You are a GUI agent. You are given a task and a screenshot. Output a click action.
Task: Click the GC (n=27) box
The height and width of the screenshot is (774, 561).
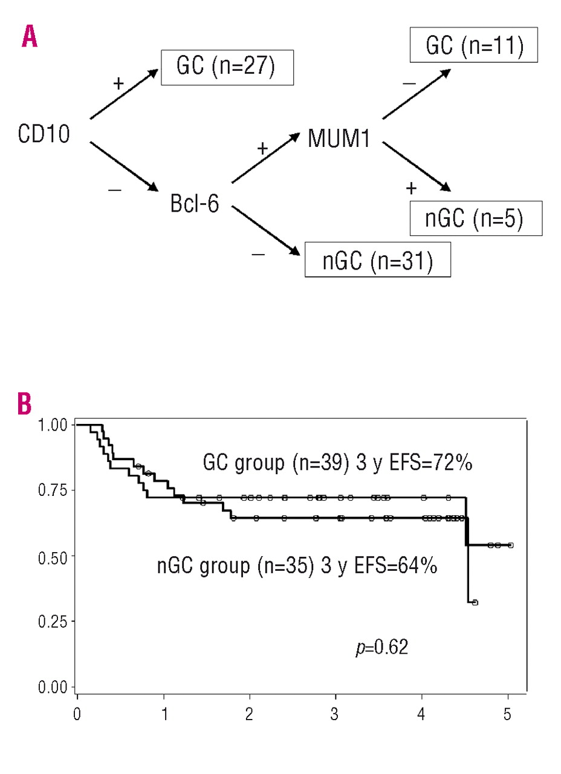(x=227, y=67)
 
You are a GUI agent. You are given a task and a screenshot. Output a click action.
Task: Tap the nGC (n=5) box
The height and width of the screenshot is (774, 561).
(x=476, y=218)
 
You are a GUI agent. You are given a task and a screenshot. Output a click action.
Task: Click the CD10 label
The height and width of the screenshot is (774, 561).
(x=44, y=134)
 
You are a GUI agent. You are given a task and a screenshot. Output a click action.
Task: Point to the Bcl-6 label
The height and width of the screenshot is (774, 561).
(x=193, y=204)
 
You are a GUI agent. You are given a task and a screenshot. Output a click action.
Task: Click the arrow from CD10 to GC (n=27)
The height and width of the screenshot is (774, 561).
(x=125, y=94)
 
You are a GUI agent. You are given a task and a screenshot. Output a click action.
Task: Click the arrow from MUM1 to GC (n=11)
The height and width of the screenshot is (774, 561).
(x=416, y=93)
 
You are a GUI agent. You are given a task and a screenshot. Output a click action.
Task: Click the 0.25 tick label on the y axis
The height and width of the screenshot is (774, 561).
(x=53, y=621)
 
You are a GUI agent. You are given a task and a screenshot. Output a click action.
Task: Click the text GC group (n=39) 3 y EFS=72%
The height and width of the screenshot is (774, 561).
(x=337, y=464)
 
